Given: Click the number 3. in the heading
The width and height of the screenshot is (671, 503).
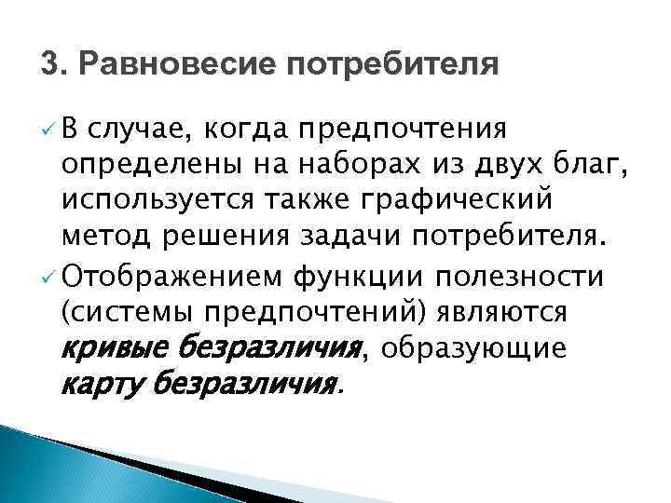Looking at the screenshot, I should point(53,65).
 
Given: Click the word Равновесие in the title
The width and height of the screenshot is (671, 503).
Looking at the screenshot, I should point(171,65).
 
